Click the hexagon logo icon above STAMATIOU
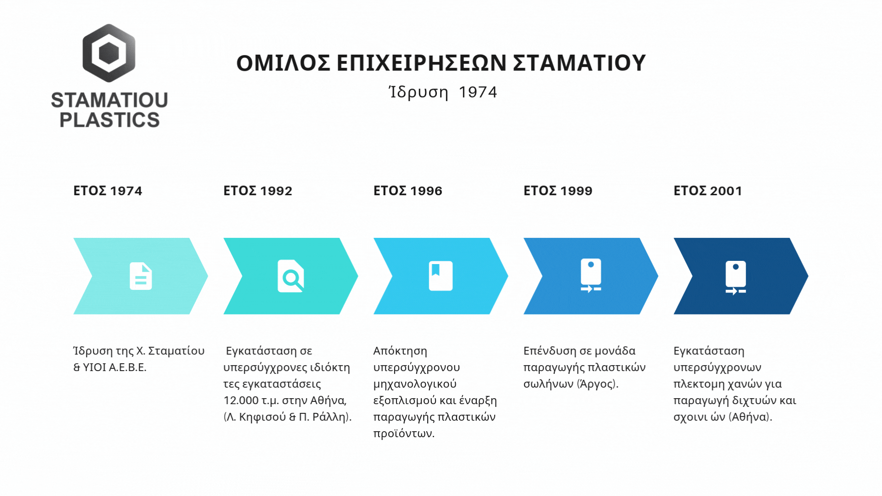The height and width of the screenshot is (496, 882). tap(109, 53)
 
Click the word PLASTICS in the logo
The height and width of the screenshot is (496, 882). tap(110, 120)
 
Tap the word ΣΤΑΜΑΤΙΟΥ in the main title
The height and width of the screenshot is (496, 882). tap(579, 63)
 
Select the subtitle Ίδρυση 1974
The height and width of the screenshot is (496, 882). tap(443, 92)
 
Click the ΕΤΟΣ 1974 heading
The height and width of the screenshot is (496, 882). tap(108, 191)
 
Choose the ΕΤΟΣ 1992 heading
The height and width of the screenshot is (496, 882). tap(258, 191)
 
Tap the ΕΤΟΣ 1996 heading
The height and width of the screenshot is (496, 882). tap(408, 191)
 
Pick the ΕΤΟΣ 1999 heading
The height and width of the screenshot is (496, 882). tap(558, 191)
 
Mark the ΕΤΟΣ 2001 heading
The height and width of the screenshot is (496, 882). tap(708, 191)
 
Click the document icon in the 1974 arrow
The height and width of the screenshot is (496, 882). tap(141, 276)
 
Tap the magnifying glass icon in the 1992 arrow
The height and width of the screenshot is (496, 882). tap(291, 276)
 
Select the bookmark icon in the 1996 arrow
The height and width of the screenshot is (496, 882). tap(441, 276)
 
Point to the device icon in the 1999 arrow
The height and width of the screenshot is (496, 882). tap(591, 276)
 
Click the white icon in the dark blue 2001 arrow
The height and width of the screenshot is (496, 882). tap(736, 277)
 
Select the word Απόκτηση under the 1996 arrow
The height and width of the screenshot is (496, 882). tap(400, 351)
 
